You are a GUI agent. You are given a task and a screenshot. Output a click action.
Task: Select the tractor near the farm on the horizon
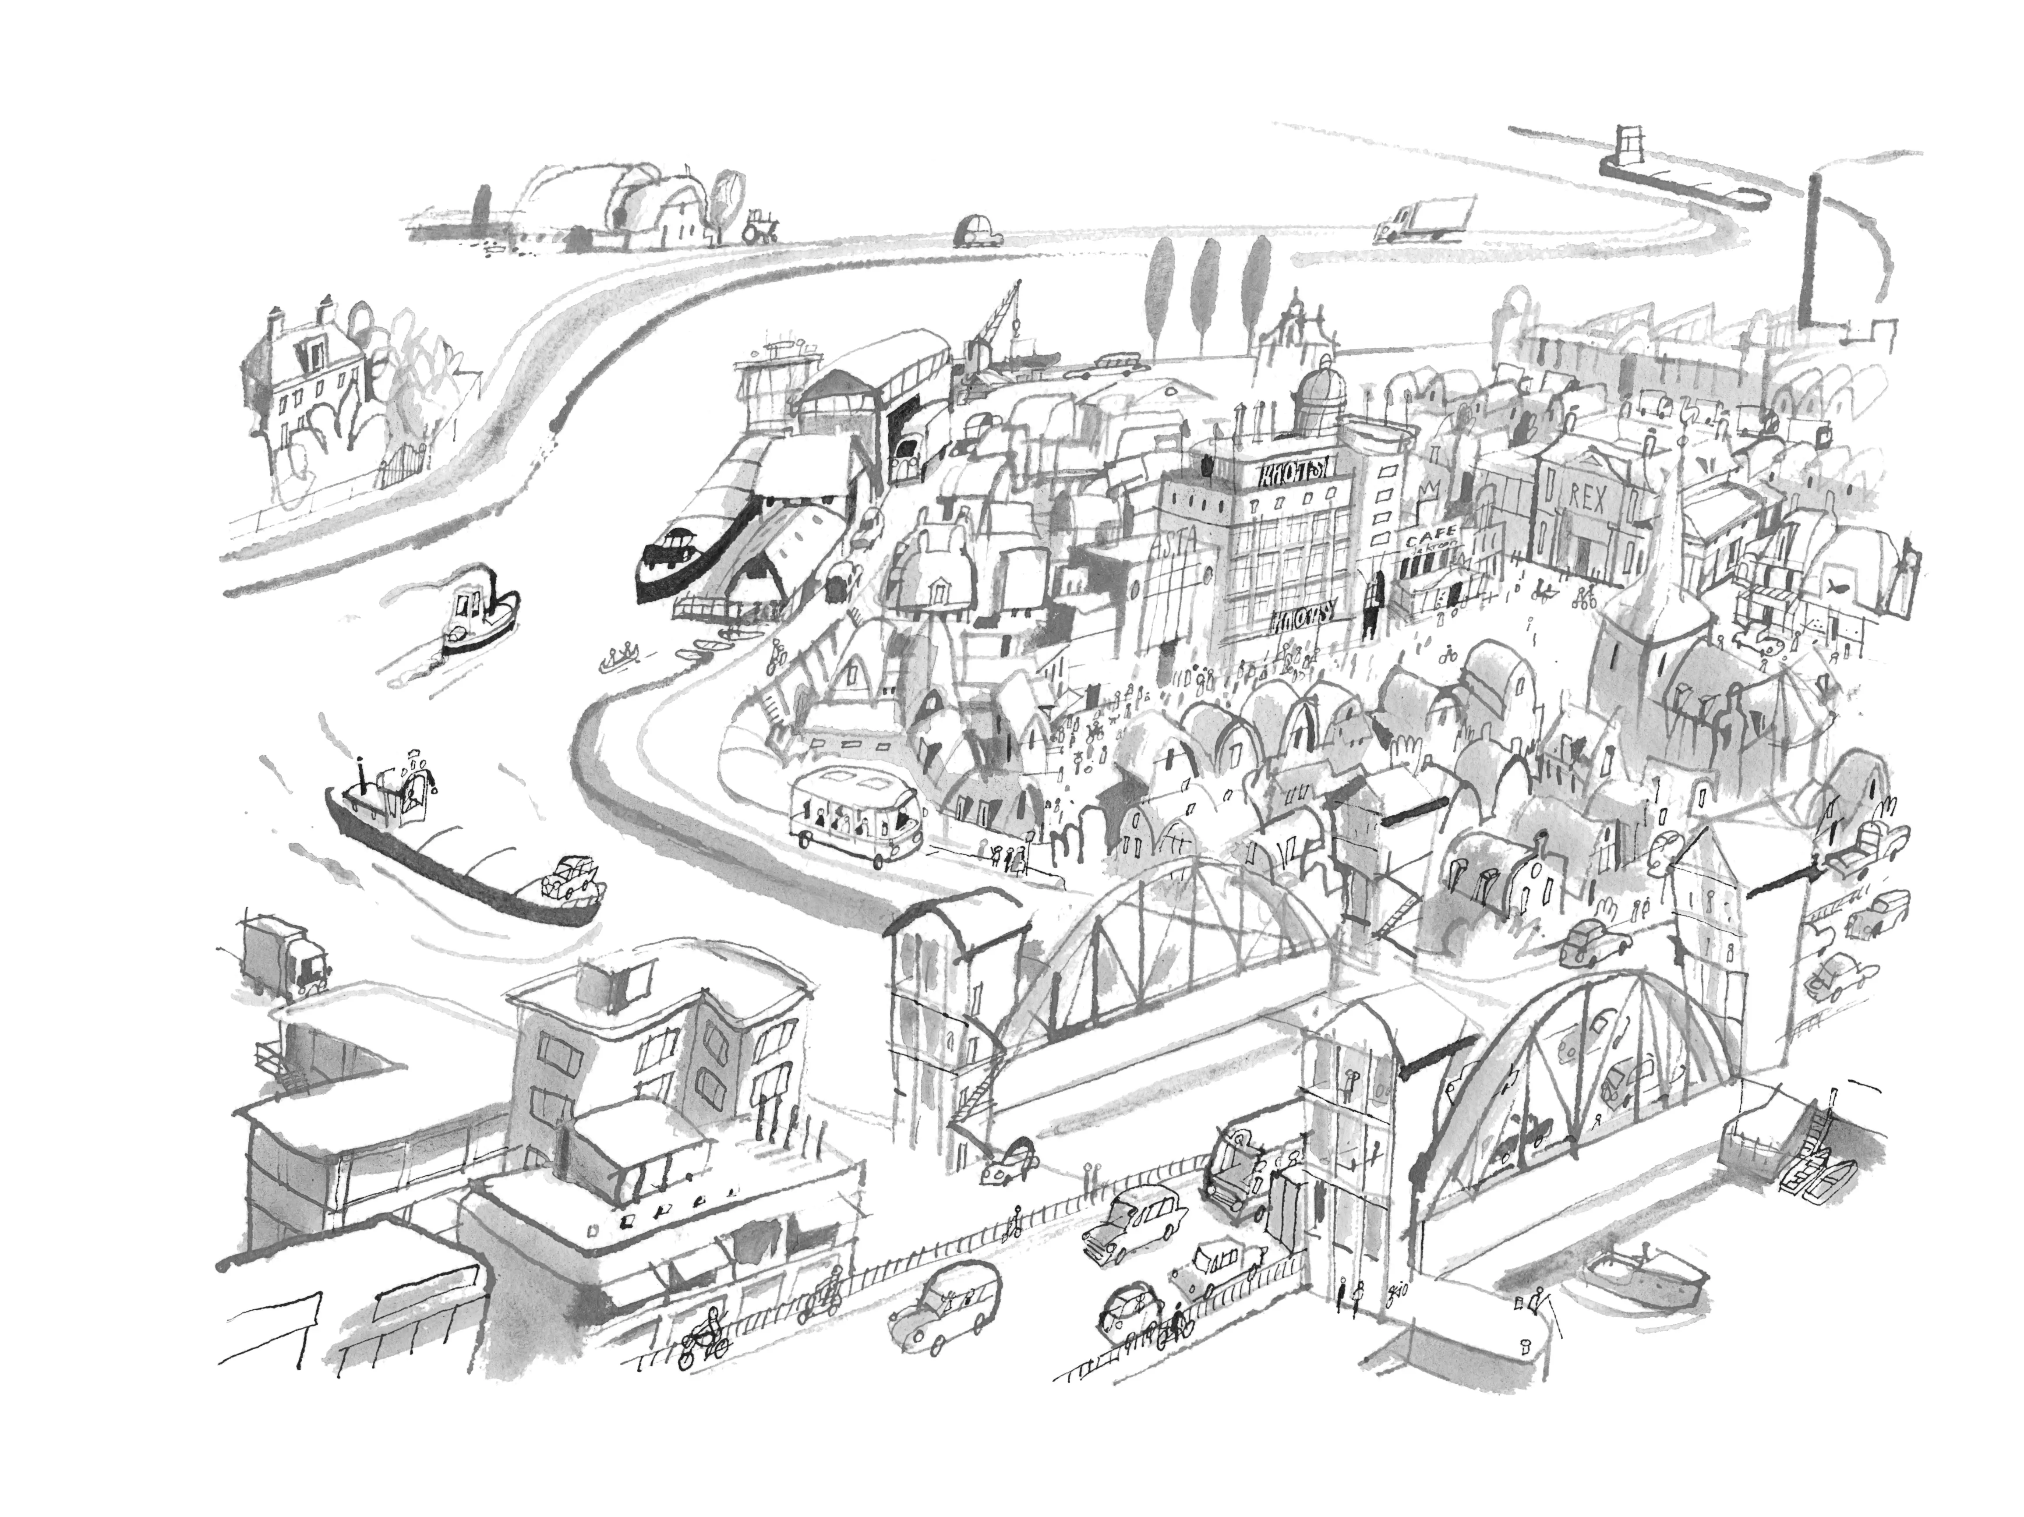coord(759,225)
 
